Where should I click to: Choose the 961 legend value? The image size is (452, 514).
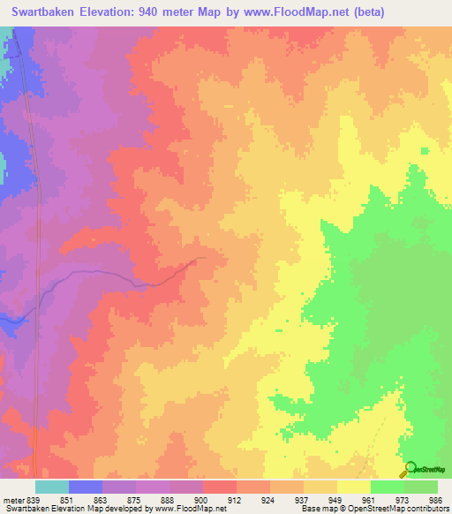tap(354, 499)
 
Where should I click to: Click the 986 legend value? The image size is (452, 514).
tap(422, 499)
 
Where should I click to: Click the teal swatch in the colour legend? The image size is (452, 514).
tap(51, 487)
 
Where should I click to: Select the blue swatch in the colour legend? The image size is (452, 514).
tap(85, 487)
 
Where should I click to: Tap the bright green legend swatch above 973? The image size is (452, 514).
tap(387, 487)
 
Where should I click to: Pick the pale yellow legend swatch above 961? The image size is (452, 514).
tap(353, 487)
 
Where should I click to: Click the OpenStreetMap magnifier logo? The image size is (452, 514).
tap(409, 468)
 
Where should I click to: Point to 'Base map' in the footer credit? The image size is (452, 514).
tap(314, 510)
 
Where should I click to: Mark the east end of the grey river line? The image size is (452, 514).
tap(205, 258)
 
